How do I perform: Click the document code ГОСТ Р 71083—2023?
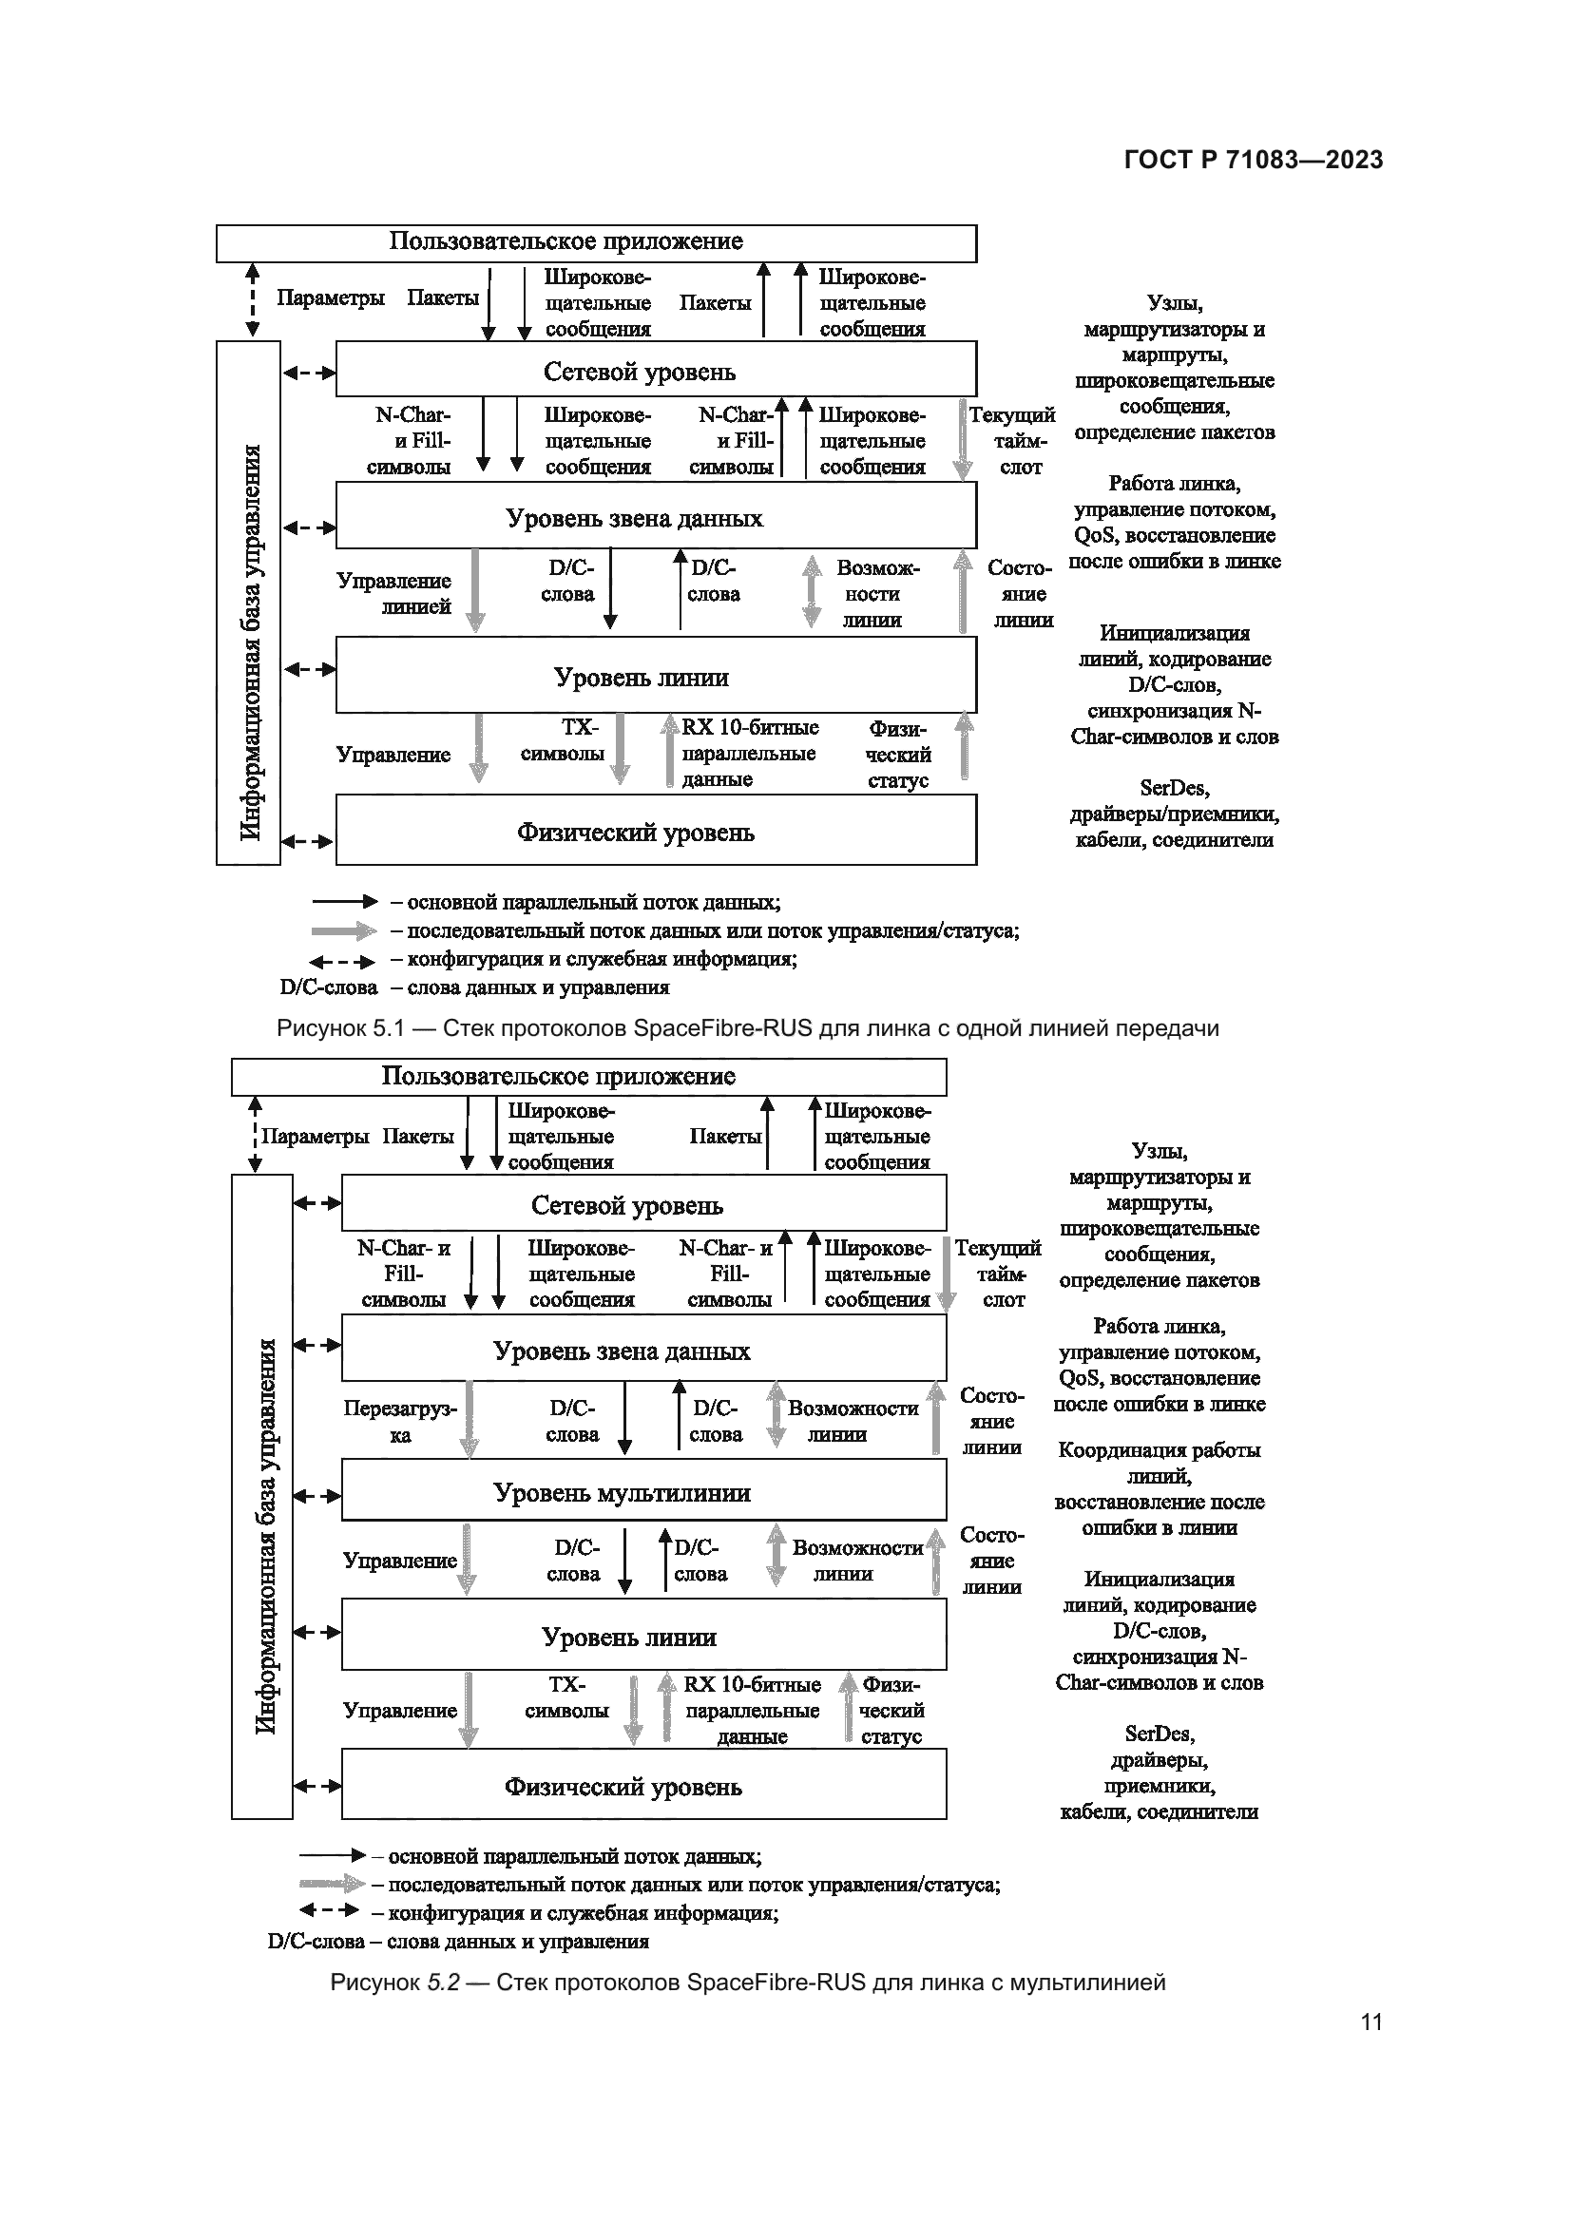point(1253,160)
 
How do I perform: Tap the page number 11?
point(1371,2022)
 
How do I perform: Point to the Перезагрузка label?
point(400,1421)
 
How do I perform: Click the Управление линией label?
point(394,593)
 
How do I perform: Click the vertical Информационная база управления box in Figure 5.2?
point(262,1496)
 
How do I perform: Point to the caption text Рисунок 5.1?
point(338,1028)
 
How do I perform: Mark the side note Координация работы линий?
point(1159,1463)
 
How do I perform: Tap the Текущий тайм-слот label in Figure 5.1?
point(1013,441)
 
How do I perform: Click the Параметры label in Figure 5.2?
point(315,1137)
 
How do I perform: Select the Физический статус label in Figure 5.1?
point(898,756)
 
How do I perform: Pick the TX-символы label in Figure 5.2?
point(566,1698)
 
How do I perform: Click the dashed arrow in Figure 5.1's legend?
point(341,962)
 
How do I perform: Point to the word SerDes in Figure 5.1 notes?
point(1174,788)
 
